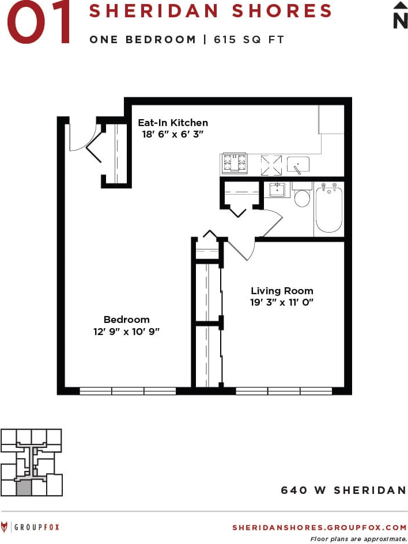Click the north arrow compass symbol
click(400, 14)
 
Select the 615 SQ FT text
click(249, 40)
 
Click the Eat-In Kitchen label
click(173, 123)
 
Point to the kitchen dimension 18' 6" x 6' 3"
click(173, 134)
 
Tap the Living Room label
click(282, 291)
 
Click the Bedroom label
click(126, 319)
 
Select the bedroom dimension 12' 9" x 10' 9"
click(127, 331)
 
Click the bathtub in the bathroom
click(329, 208)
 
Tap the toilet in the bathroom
click(302, 196)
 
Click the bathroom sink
click(278, 189)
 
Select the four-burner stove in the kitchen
click(235, 163)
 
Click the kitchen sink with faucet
click(298, 165)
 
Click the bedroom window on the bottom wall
click(127, 391)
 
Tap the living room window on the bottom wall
click(284, 391)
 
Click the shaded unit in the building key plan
click(23, 489)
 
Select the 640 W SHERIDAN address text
click(343, 490)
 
